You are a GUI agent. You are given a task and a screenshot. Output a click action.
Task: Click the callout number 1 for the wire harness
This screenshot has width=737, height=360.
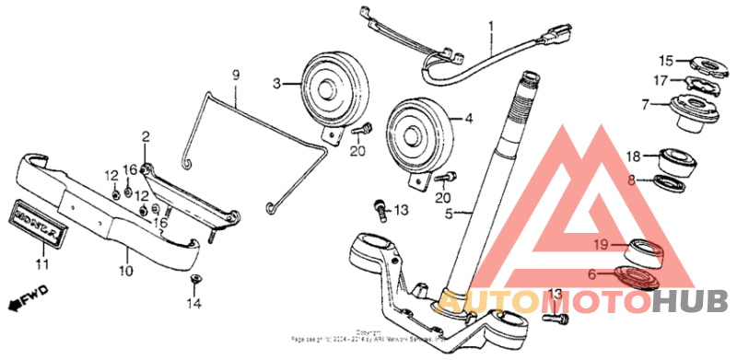point(491,25)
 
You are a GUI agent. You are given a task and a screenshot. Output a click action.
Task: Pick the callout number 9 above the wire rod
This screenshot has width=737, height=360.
point(235,74)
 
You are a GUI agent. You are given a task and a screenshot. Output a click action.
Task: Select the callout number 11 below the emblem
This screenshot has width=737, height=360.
point(40,264)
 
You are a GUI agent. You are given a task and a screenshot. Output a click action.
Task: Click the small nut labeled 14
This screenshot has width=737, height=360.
point(194,278)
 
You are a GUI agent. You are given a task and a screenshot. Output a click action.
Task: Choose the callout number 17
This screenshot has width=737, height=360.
point(660,80)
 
